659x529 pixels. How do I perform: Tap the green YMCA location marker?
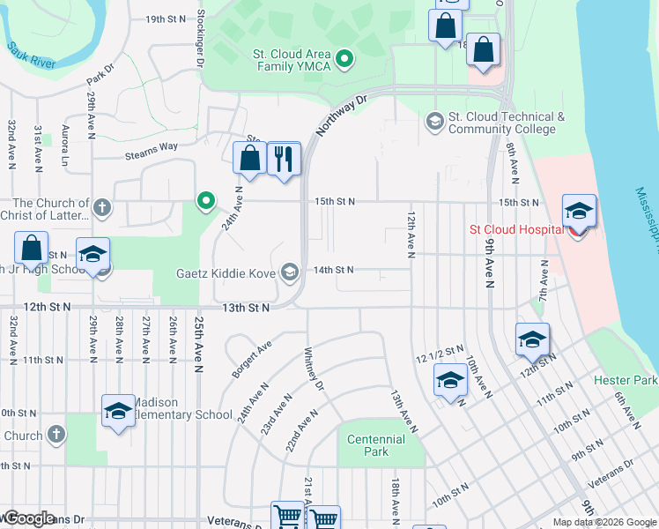tap(345, 60)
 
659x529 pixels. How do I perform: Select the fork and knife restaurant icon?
tap(283, 160)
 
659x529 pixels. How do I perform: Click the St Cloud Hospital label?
tap(515, 230)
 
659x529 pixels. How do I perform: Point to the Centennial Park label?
tap(376, 445)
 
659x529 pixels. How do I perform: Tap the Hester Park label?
tap(626, 380)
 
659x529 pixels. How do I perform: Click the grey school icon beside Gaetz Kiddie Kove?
tap(290, 271)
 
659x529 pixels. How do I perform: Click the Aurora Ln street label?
tap(64, 145)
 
